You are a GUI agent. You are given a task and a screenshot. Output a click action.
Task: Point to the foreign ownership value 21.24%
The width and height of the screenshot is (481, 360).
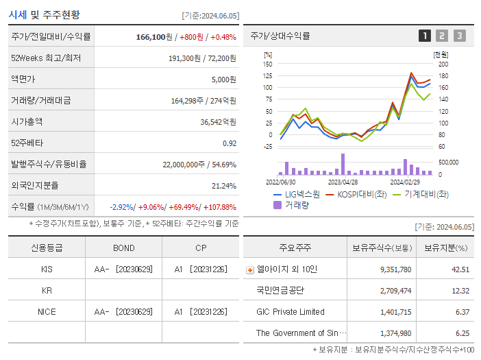[224, 186]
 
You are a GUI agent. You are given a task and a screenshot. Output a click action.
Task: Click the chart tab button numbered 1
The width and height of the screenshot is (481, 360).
[425, 36]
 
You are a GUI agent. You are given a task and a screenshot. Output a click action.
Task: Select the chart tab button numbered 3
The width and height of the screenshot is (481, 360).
[459, 36]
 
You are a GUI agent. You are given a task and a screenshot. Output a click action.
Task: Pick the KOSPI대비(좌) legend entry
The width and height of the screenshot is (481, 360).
[356, 194]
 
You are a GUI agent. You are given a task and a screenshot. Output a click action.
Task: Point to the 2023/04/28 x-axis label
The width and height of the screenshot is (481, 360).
[343, 182]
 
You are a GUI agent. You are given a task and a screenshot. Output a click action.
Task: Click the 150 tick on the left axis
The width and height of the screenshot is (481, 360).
[268, 64]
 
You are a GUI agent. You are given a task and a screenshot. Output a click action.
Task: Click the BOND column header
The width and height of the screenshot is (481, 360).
[123, 248]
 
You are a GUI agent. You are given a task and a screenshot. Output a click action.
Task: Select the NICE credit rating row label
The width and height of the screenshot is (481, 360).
[47, 311]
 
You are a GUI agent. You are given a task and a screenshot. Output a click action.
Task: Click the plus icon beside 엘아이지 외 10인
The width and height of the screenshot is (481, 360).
[249, 269]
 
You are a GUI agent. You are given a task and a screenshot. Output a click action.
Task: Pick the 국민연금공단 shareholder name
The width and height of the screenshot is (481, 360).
[280, 291]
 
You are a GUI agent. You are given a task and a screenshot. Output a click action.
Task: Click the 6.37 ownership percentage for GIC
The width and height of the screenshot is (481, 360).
[460, 312]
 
